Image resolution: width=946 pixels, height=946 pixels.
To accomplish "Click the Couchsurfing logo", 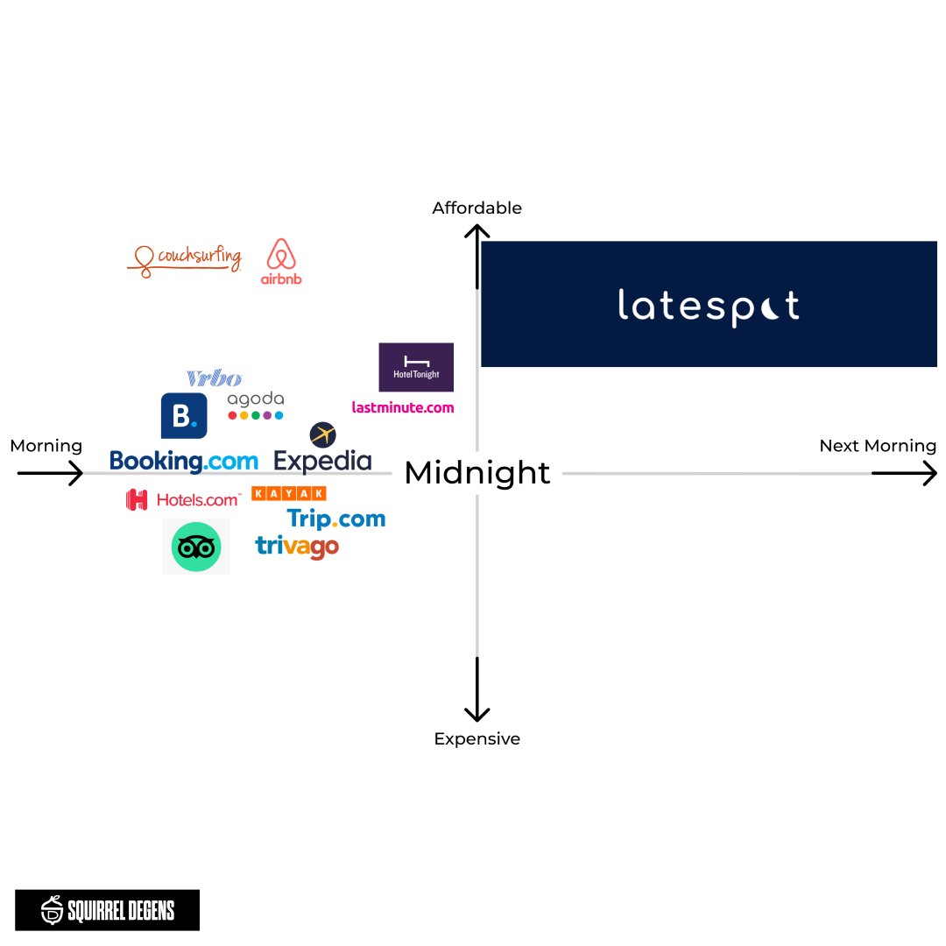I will [185, 258].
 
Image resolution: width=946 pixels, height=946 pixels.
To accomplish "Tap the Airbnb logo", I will [281, 261].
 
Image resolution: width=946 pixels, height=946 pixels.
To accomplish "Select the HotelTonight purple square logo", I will [416, 367].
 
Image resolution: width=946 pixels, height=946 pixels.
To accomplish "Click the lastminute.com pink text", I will [403, 407].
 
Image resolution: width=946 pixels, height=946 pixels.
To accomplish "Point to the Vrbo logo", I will [214, 378].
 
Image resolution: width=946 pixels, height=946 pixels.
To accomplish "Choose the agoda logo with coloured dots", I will [256, 406].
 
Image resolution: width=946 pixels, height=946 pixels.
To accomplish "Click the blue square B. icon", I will [184, 416].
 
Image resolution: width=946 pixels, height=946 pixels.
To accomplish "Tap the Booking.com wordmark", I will [184, 461].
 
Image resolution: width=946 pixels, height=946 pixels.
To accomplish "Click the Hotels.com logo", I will [183, 500].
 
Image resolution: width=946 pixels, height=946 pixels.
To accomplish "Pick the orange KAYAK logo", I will [288, 494].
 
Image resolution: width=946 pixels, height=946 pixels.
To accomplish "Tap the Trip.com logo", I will [336, 519].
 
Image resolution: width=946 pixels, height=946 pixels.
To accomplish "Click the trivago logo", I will [297, 547].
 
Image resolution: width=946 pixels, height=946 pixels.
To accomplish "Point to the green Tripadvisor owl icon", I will [196, 547].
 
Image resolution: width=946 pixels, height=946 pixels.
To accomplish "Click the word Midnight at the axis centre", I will [477, 473].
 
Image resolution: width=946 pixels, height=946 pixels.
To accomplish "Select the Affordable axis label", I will [477, 208].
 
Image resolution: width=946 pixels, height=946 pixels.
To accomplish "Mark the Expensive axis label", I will [477, 739].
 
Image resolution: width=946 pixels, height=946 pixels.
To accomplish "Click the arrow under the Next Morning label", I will [904, 474].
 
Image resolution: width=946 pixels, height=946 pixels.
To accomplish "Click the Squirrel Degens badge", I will [107, 910].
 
